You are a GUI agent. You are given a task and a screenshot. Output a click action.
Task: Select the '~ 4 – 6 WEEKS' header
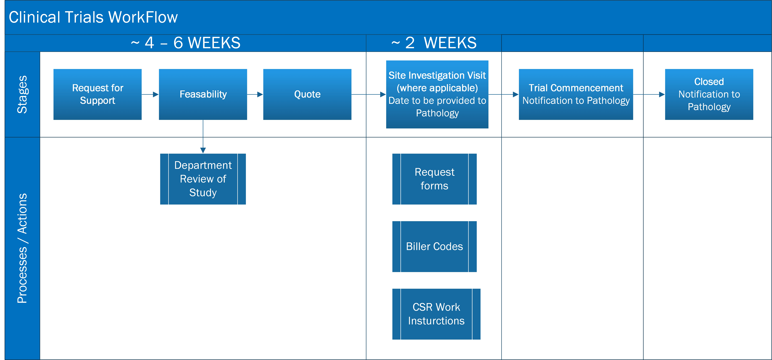[x=185, y=43]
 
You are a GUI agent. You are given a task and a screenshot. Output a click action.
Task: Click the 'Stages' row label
[x=22, y=94]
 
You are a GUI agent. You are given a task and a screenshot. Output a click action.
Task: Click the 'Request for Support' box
[x=97, y=94]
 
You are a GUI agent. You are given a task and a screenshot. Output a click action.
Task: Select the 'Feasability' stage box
[x=203, y=94]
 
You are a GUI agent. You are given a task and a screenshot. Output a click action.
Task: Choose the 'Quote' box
[x=307, y=94]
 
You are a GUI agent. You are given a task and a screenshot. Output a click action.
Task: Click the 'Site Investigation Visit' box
[x=437, y=94]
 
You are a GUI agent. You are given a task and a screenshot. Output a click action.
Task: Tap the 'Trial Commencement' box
[x=576, y=94]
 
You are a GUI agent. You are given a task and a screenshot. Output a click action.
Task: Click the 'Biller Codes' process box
[x=434, y=247]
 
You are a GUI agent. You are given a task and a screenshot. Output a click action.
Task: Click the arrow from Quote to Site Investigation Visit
[x=369, y=94]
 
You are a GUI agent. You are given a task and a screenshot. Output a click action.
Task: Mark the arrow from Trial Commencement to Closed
[x=649, y=94]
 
